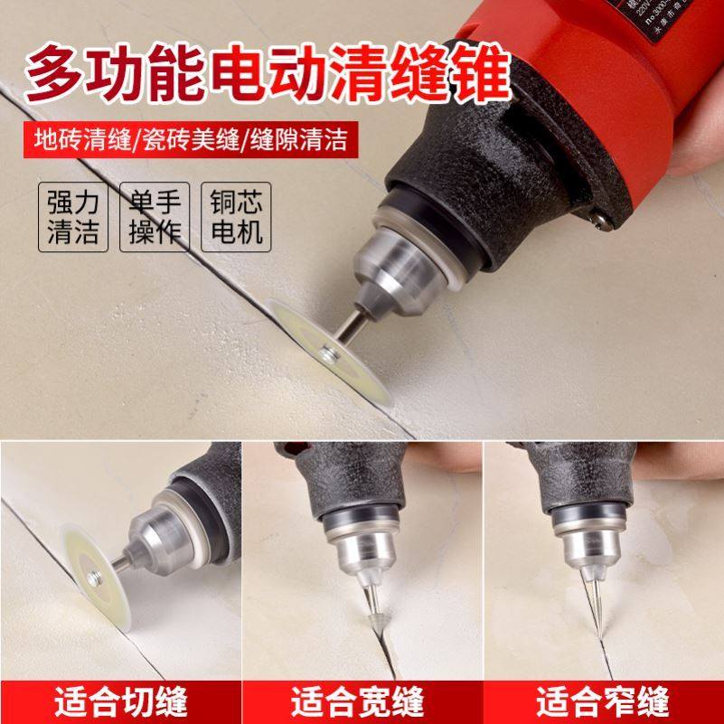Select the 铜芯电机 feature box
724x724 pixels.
tap(236, 218)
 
